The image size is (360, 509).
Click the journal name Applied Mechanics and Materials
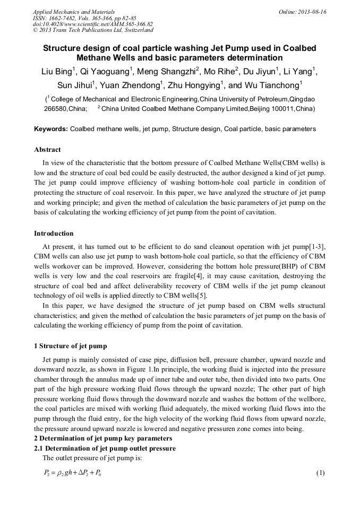pyautogui.click(x=74, y=12)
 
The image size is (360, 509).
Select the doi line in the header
pyautogui.click(x=93, y=24)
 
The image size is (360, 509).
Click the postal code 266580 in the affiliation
pyautogui.click(x=56, y=109)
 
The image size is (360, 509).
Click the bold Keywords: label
pyautogui.click(x=51, y=129)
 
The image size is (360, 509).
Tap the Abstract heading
pyautogui.click(x=47, y=150)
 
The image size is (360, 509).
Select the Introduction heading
pyautogui.click(x=54, y=234)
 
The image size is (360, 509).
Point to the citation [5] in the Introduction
pyautogui.click(x=202, y=296)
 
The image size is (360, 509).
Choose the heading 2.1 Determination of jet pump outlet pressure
pyautogui.click(x=105, y=448)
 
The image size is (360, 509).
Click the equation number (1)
pyautogui.click(x=320, y=473)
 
